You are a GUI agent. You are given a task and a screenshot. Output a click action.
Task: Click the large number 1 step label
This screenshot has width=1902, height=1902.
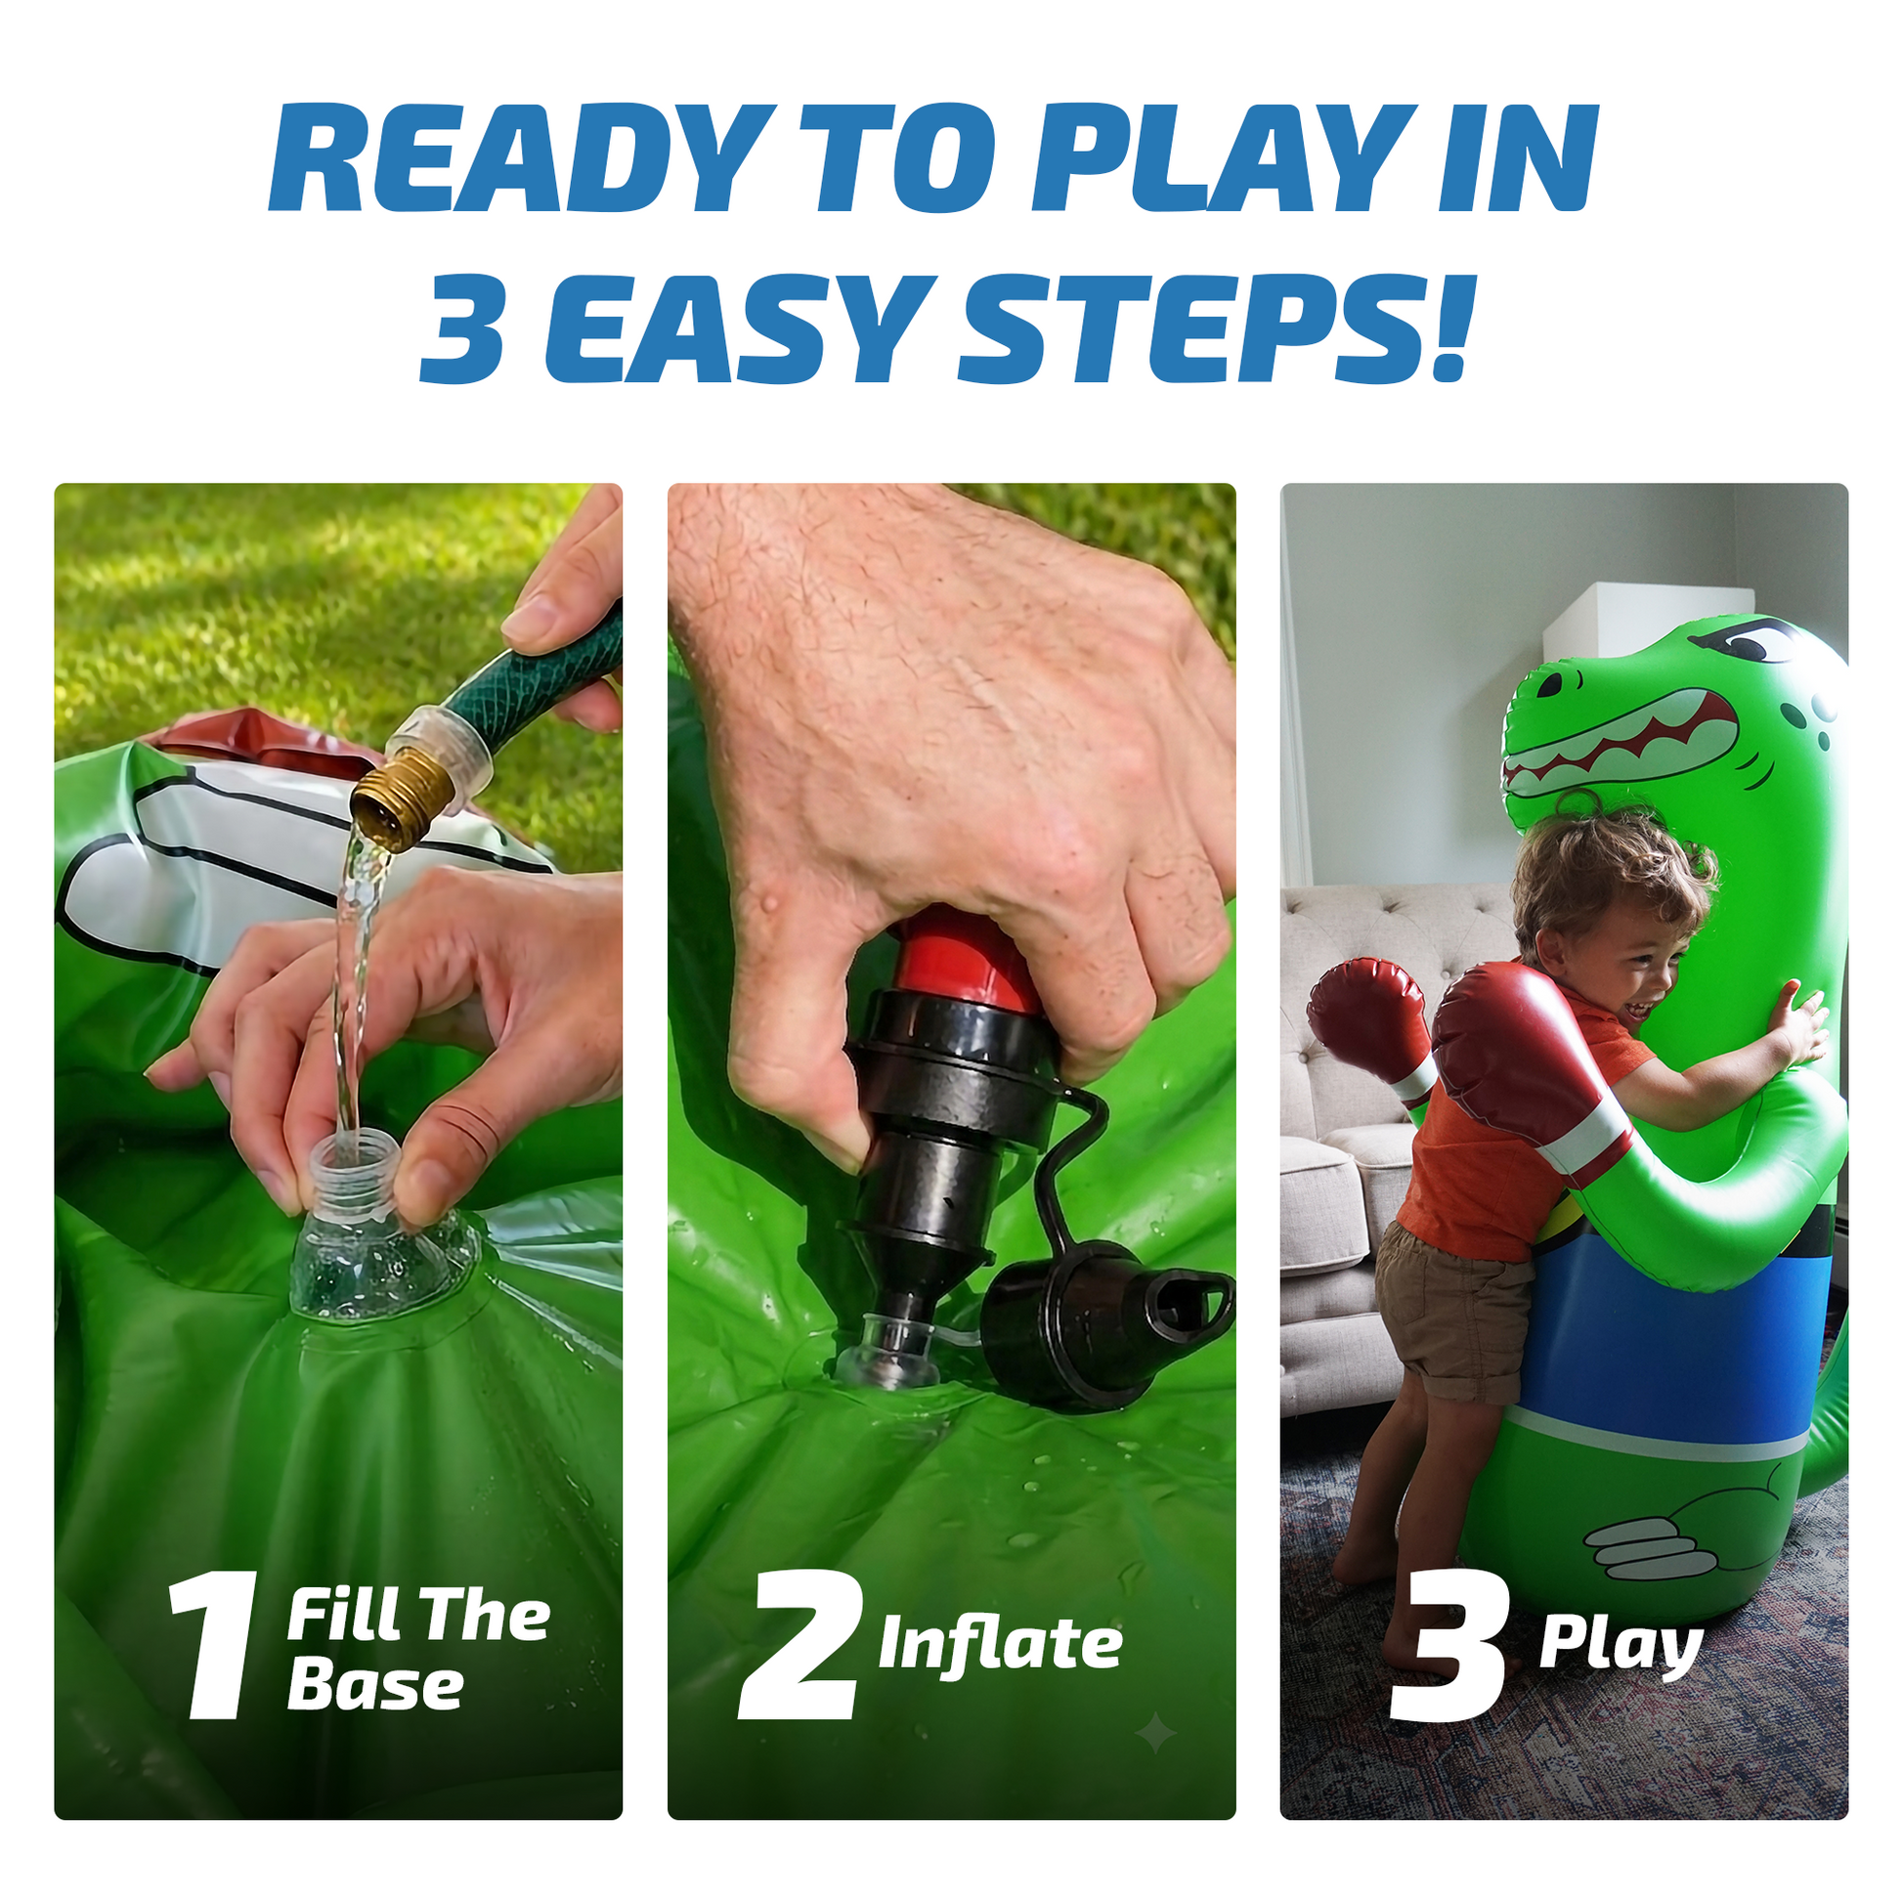[212, 1646]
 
